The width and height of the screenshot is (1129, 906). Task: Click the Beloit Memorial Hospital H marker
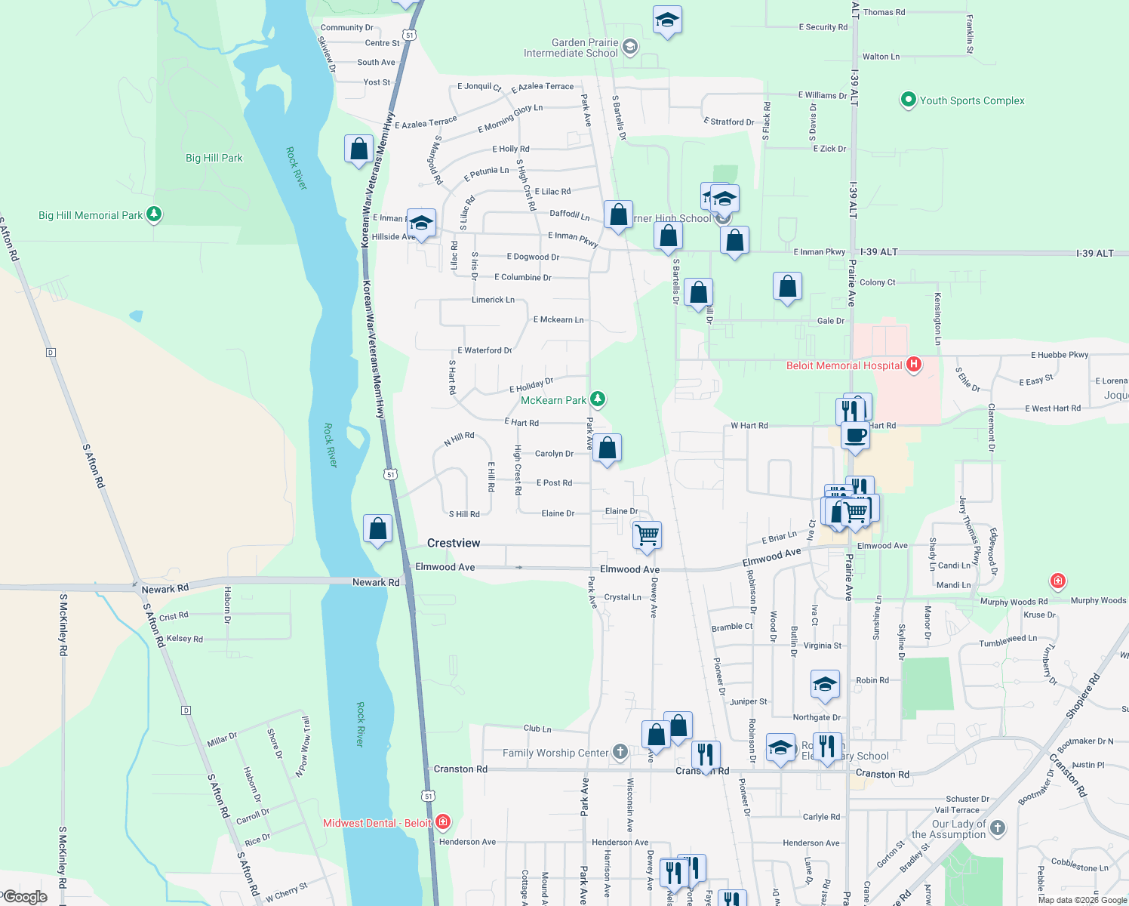coord(914,365)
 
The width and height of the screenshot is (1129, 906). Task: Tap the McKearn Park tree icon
coord(598,399)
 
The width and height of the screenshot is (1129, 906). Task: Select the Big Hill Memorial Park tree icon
coord(154,214)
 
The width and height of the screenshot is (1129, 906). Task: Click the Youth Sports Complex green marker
coord(909,100)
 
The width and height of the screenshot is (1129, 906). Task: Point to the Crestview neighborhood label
coord(454,543)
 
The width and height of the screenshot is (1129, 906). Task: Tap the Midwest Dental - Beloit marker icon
coord(443,822)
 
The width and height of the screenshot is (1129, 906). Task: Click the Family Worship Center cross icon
coord(620,751)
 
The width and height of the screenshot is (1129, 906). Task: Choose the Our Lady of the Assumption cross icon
coord(998,827)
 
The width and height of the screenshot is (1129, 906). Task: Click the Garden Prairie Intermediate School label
coord(571,48)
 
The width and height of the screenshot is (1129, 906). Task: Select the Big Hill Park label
coord(214,158)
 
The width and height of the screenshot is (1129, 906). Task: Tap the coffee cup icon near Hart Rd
coord(855,436)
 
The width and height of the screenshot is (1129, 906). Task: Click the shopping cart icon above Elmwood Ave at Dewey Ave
coord(648,535)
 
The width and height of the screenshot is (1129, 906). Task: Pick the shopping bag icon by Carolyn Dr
coord(607,448)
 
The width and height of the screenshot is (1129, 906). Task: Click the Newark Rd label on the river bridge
coord(376,582)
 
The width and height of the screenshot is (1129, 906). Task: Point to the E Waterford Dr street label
coord(485,350)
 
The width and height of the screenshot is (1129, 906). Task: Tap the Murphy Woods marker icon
coord(1058,581)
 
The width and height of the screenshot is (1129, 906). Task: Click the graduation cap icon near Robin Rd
coord(825,684)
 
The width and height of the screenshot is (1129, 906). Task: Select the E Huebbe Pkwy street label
coord(1060,355)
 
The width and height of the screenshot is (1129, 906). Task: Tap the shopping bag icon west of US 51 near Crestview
coord(377,528)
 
